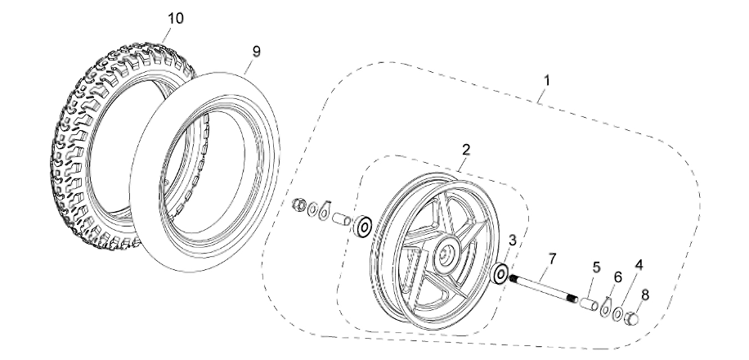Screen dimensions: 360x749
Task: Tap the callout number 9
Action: coord(256,51)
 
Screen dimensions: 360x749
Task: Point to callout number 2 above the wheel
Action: coord(465,149)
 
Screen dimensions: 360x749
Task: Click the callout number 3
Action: coord(513,240)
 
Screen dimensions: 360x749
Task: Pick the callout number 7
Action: coord(553,259)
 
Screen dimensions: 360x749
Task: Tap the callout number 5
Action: coord(596,267)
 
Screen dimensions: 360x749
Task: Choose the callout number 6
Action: coord(617,277)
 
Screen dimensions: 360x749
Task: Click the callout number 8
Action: coord(645,294)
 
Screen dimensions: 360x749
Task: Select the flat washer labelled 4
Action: coord(619,313)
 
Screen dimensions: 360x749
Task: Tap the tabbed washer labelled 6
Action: coord(604,308)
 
